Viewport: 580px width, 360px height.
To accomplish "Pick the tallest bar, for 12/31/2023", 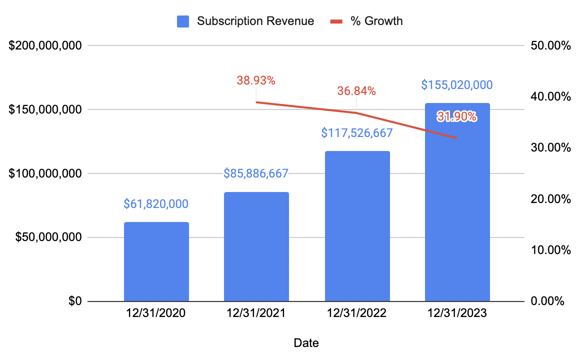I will [457, 210].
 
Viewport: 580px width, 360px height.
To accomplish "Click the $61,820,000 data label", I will [156, 203].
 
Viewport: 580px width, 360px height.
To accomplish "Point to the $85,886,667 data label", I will [256, 173].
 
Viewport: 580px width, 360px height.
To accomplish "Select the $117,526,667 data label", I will [357, 133].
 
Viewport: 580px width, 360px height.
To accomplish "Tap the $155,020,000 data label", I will [457, 85].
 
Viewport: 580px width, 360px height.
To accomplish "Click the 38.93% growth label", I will [256, 79].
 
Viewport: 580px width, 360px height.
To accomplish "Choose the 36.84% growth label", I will [356, 91].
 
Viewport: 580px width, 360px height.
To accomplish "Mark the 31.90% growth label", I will [456, 117].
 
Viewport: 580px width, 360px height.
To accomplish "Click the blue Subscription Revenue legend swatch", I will [183, 21].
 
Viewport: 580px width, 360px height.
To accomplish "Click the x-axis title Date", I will [306, 343].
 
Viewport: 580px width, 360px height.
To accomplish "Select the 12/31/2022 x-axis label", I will [356, 314].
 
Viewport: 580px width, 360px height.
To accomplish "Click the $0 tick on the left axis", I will [74, 301].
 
